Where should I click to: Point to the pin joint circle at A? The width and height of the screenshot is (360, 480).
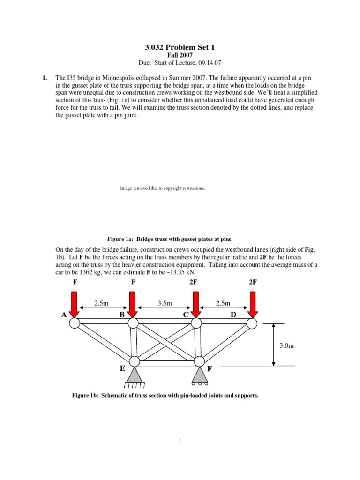[75, 323]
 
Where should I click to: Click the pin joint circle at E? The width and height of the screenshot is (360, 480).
[135, 361]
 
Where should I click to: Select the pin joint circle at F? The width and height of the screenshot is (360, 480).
[199, 361]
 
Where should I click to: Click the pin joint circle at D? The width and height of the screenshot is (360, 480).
[252, 323]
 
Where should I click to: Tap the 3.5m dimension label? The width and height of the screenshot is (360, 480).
[165, 303]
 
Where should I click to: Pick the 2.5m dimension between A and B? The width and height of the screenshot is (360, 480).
[101, 303]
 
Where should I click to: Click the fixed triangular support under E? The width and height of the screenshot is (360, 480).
[134, 375]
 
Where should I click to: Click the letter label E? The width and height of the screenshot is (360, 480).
[122, 369]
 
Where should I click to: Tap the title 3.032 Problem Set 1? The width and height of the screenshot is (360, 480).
[180, 47]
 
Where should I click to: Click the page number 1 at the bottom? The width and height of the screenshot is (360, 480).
[180, 441]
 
